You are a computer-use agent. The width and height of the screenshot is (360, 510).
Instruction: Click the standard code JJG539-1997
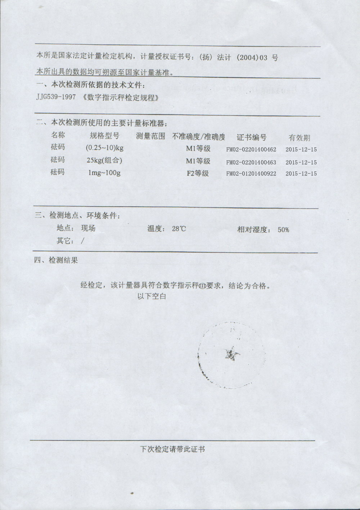[56, 98]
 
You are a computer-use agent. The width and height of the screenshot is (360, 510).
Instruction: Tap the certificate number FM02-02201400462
[251, 149]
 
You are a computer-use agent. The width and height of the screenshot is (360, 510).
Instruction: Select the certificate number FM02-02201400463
[251, 162]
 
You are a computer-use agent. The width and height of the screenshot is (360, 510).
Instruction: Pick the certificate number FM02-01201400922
[251, 174]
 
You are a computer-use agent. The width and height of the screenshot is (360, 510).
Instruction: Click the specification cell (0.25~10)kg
[105, 148]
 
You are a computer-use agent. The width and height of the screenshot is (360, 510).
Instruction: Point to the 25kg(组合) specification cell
[104, 161]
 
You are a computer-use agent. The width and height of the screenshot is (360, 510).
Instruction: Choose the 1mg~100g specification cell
[104, 173]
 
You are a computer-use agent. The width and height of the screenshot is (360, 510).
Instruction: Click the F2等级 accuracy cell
[198, 173]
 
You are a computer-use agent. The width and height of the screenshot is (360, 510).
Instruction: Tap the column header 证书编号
[252, 137]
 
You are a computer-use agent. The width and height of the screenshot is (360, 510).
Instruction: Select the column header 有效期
[299, 138]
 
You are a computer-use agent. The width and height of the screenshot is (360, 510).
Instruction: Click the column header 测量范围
[150, 136]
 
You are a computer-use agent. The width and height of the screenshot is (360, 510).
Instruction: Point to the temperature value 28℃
[179, 229]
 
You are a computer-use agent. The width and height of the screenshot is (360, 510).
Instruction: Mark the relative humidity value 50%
[283, 229]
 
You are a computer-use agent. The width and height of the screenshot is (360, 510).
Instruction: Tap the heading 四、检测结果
[56, 260]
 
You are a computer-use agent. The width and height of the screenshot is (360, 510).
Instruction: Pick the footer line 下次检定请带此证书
[172, 449]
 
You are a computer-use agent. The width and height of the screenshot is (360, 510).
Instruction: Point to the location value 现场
[88, 228]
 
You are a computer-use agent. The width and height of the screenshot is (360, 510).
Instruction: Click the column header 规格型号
[104, 136]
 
